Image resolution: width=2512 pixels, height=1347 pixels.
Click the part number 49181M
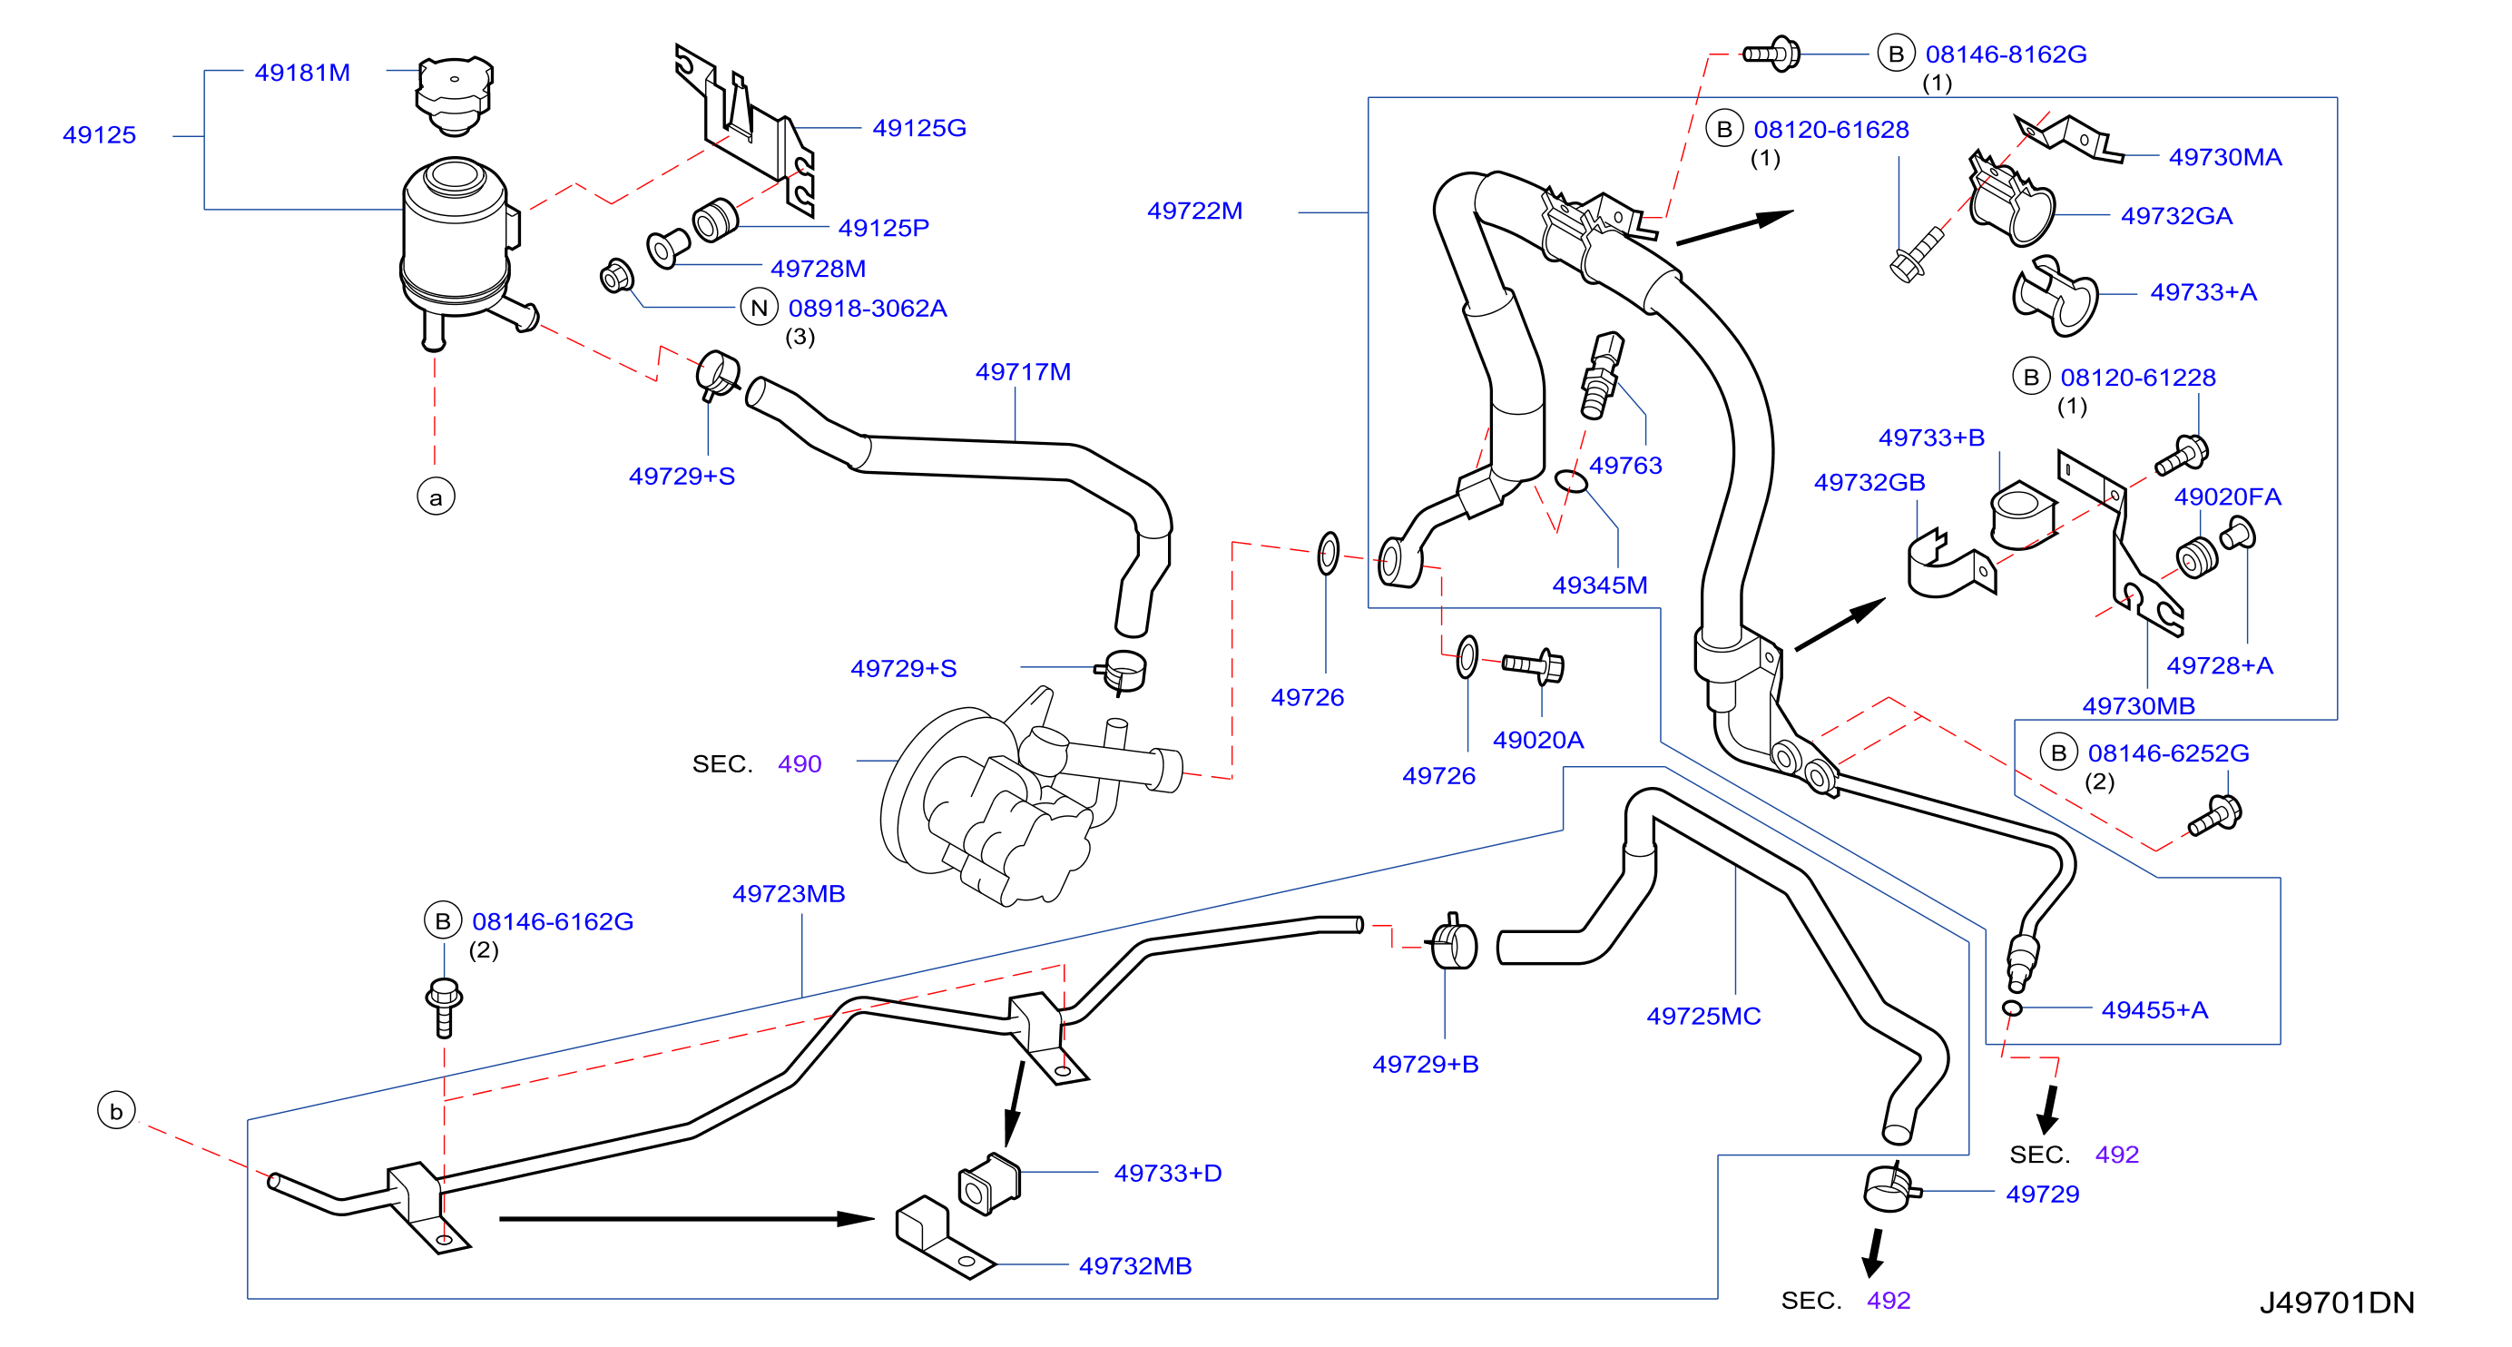click(x=302, y=74)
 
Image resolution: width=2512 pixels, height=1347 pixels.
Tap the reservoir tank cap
click(x=455, y=94)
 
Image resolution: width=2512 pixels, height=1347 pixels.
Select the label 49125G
click(x=919, y=128)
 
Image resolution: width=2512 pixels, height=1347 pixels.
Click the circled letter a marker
click(x=436, y=497)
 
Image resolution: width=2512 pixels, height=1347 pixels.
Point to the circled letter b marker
click(x=116, y=1111)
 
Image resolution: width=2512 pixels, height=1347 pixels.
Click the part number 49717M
click(x=1023, y=371)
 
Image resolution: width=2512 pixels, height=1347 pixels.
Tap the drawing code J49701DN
click(x=2337, y=1303)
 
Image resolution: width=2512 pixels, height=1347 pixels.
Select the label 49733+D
click(x=1167, y=1174)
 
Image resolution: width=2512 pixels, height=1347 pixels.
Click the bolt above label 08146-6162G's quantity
click(x=445, y=1008)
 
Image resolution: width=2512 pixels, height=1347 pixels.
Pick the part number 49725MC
click(x=1703, y=1017)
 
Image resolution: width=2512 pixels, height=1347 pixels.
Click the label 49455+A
click(x=2154, y=1009)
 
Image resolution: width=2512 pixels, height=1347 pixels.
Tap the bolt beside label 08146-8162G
click(x=1771, y=54)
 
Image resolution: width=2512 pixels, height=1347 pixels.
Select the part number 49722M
click(x=1194, y=211)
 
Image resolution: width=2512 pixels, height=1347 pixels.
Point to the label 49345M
click(x=1599, y=585)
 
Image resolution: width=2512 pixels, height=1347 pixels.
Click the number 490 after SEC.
click(x=800, y=763)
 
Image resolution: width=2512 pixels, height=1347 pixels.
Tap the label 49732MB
click(x=1135, y=1266)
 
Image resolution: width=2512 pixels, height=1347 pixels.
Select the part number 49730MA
click(x=2225, y=157)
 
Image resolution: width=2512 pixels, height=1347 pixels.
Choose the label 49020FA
click(x=2227, y=497)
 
